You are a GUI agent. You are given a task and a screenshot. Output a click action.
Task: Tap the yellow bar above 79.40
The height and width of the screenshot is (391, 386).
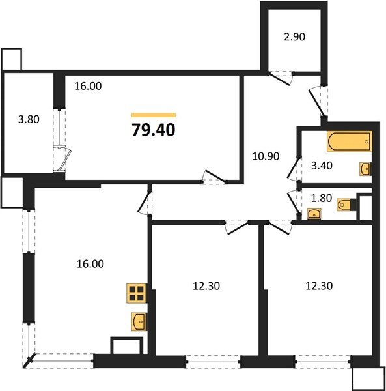coord(154,115)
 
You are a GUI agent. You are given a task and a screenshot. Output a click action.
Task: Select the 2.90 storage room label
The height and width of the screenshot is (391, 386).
coord(294,37)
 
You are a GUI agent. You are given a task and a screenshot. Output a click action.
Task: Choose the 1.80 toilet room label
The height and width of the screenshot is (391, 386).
coord(319,197)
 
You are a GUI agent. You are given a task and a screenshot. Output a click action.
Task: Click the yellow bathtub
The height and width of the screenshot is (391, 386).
coord(348,141)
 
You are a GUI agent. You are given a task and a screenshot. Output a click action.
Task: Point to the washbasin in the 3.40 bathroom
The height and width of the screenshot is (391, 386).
coord(365,169)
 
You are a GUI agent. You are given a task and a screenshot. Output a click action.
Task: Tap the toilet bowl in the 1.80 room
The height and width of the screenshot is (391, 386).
coord(345,205)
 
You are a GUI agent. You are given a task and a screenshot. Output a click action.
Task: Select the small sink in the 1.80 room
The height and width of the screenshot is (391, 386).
coord(314,214)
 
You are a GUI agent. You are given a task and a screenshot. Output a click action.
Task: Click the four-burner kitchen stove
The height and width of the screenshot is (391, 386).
coord(137,294)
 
